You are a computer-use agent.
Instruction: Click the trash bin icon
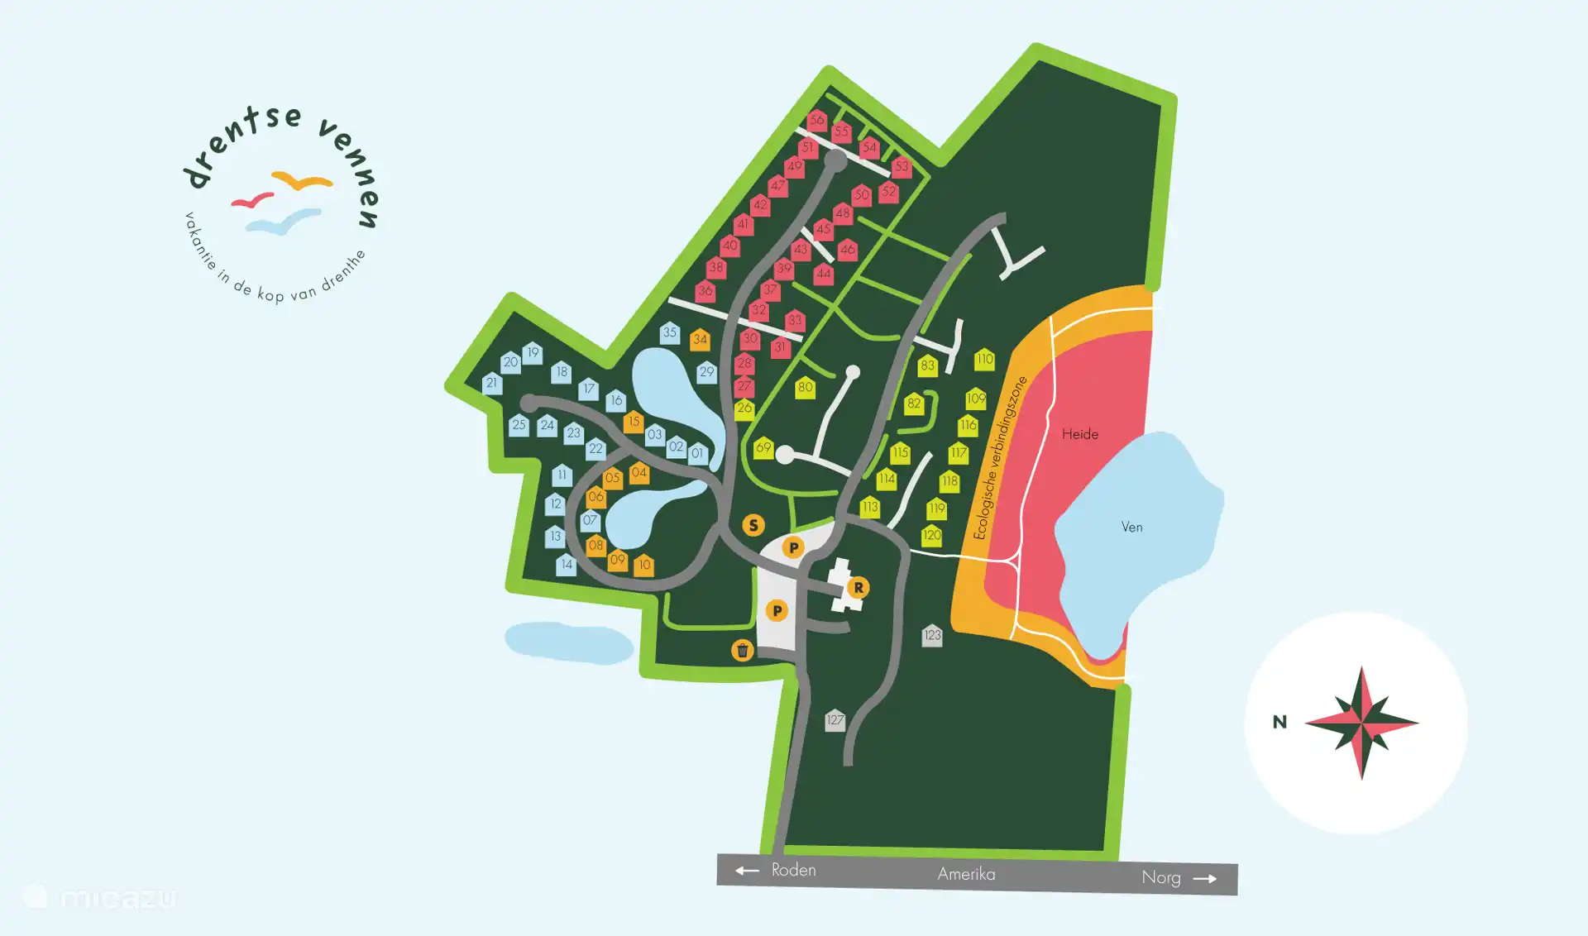[742, 651]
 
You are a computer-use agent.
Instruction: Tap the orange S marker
[753, 525]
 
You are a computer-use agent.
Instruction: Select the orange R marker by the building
[859, 588]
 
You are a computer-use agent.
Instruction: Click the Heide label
[1079, 434]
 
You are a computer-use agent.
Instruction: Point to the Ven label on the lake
[1131, 527]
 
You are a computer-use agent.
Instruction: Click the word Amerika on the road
[966, 874]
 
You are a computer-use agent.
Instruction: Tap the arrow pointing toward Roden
[747, 870]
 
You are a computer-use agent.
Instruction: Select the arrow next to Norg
[1205, 879]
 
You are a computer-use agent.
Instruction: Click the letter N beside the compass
[1279, 722]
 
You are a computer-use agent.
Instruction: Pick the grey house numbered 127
[835, 719]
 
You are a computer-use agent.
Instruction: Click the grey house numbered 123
[932, 635]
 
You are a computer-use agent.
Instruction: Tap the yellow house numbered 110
[984, 359]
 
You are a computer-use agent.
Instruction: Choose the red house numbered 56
[816, 120]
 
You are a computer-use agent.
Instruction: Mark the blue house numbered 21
[492, 383]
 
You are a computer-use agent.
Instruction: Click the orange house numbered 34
[700, 339]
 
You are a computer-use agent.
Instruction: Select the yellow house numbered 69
[763, 447]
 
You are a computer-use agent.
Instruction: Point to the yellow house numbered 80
[805, 387]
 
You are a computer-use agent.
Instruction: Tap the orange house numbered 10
[644, 565]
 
